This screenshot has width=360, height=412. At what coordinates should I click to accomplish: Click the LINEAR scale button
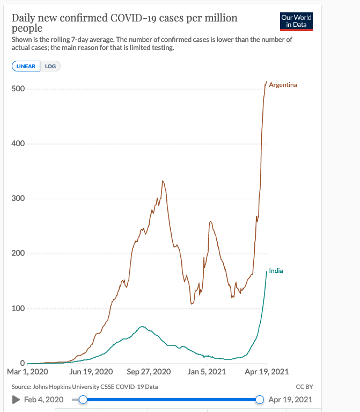click(26, 66)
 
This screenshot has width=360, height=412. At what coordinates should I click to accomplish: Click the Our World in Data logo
click(296, 21)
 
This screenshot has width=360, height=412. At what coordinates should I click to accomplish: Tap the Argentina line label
click(283, 85)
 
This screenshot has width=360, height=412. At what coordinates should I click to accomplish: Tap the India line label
click(276, 271)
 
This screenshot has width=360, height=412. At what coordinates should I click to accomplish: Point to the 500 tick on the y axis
click(19, 89)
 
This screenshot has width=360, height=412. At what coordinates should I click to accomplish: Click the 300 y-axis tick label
click(19, 199)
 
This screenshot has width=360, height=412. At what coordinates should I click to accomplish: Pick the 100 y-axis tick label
click(19, 309)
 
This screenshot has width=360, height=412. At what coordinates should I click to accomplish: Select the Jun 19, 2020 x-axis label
click(91, 372)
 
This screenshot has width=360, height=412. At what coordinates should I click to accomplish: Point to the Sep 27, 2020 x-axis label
click(148, 372)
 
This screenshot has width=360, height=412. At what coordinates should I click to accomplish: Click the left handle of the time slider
click(83, 399)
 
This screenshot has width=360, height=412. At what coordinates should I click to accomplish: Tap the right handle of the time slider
click(260, 399)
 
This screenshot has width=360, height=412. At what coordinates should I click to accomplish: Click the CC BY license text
click(304, 387)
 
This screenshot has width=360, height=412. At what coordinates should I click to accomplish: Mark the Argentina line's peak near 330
click(163, 181)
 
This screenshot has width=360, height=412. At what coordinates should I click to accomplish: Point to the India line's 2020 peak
click(142, 327)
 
